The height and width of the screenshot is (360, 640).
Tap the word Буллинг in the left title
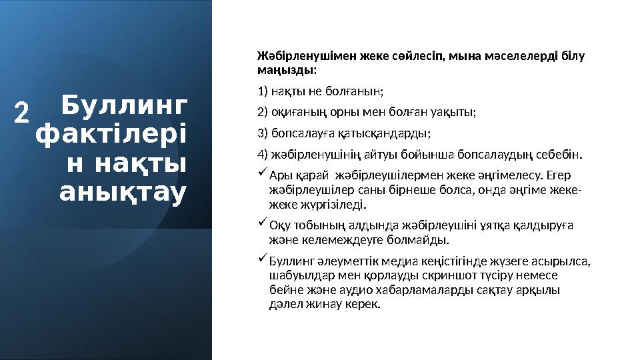pyautogui.click(x=123, y=106)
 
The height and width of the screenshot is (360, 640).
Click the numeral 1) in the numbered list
pyautogui.click(x=262, y=90)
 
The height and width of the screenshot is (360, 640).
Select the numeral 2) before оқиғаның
pyautogui.click(x=262, y=111)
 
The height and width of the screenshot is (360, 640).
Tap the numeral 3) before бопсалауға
pyautogui.click(x=262, y=133)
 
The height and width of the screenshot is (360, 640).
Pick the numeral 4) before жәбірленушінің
pyautogui.click(x=263, y=155)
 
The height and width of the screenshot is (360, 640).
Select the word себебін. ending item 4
pyautogui.click(x=559, y=155)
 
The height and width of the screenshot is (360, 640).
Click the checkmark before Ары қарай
pyautogui.click(x=262, y=175)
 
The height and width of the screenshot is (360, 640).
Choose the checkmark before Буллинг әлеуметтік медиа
pyautogui.click(x=262, y=258)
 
